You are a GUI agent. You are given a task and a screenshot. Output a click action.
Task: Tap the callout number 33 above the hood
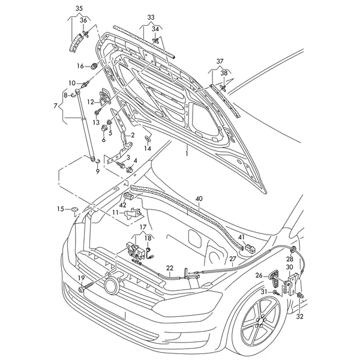(150, 17)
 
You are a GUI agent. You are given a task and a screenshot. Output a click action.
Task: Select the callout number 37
(220, 61)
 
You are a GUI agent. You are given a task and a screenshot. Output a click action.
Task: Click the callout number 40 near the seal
(199, 198)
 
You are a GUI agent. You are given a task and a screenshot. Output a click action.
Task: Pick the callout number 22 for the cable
(170, 268)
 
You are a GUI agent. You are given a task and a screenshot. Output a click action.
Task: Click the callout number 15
(60, 209)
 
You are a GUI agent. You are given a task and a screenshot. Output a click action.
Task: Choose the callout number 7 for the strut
(56, 106)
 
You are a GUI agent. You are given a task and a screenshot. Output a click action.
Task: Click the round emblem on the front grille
(111, 285)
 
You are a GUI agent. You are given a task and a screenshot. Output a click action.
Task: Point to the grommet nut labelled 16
(95, 65)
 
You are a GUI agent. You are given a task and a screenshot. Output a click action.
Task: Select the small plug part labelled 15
(74, 209)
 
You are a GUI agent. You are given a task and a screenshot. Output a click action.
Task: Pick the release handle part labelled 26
(275, 279)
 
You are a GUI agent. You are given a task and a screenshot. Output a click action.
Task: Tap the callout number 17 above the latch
(143, 227)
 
